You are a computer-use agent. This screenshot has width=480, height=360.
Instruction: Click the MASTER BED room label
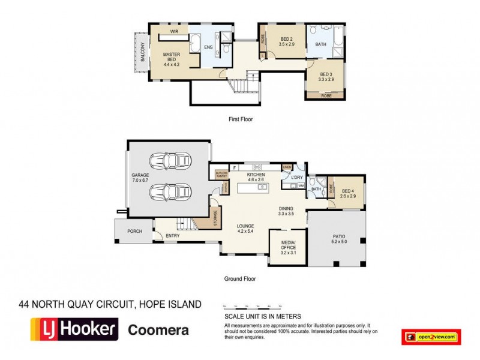(172, 58)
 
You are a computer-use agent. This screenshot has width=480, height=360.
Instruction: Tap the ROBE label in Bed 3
(326, 95)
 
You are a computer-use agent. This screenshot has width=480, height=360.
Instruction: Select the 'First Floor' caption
(241, 119)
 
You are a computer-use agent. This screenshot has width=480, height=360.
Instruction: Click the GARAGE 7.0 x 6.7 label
(140, 178)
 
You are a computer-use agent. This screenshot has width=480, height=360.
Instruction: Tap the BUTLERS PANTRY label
(221, 175)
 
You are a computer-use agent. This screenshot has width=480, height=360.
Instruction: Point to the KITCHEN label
(256, 175)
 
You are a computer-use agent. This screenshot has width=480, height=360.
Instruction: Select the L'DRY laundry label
(296, 178)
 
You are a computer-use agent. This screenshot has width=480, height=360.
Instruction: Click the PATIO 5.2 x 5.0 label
(340, 239)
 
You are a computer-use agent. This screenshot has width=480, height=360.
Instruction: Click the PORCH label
(134, 231)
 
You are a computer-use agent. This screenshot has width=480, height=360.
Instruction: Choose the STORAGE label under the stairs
(215, 217)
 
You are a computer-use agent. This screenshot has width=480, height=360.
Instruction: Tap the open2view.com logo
(430, 337)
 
